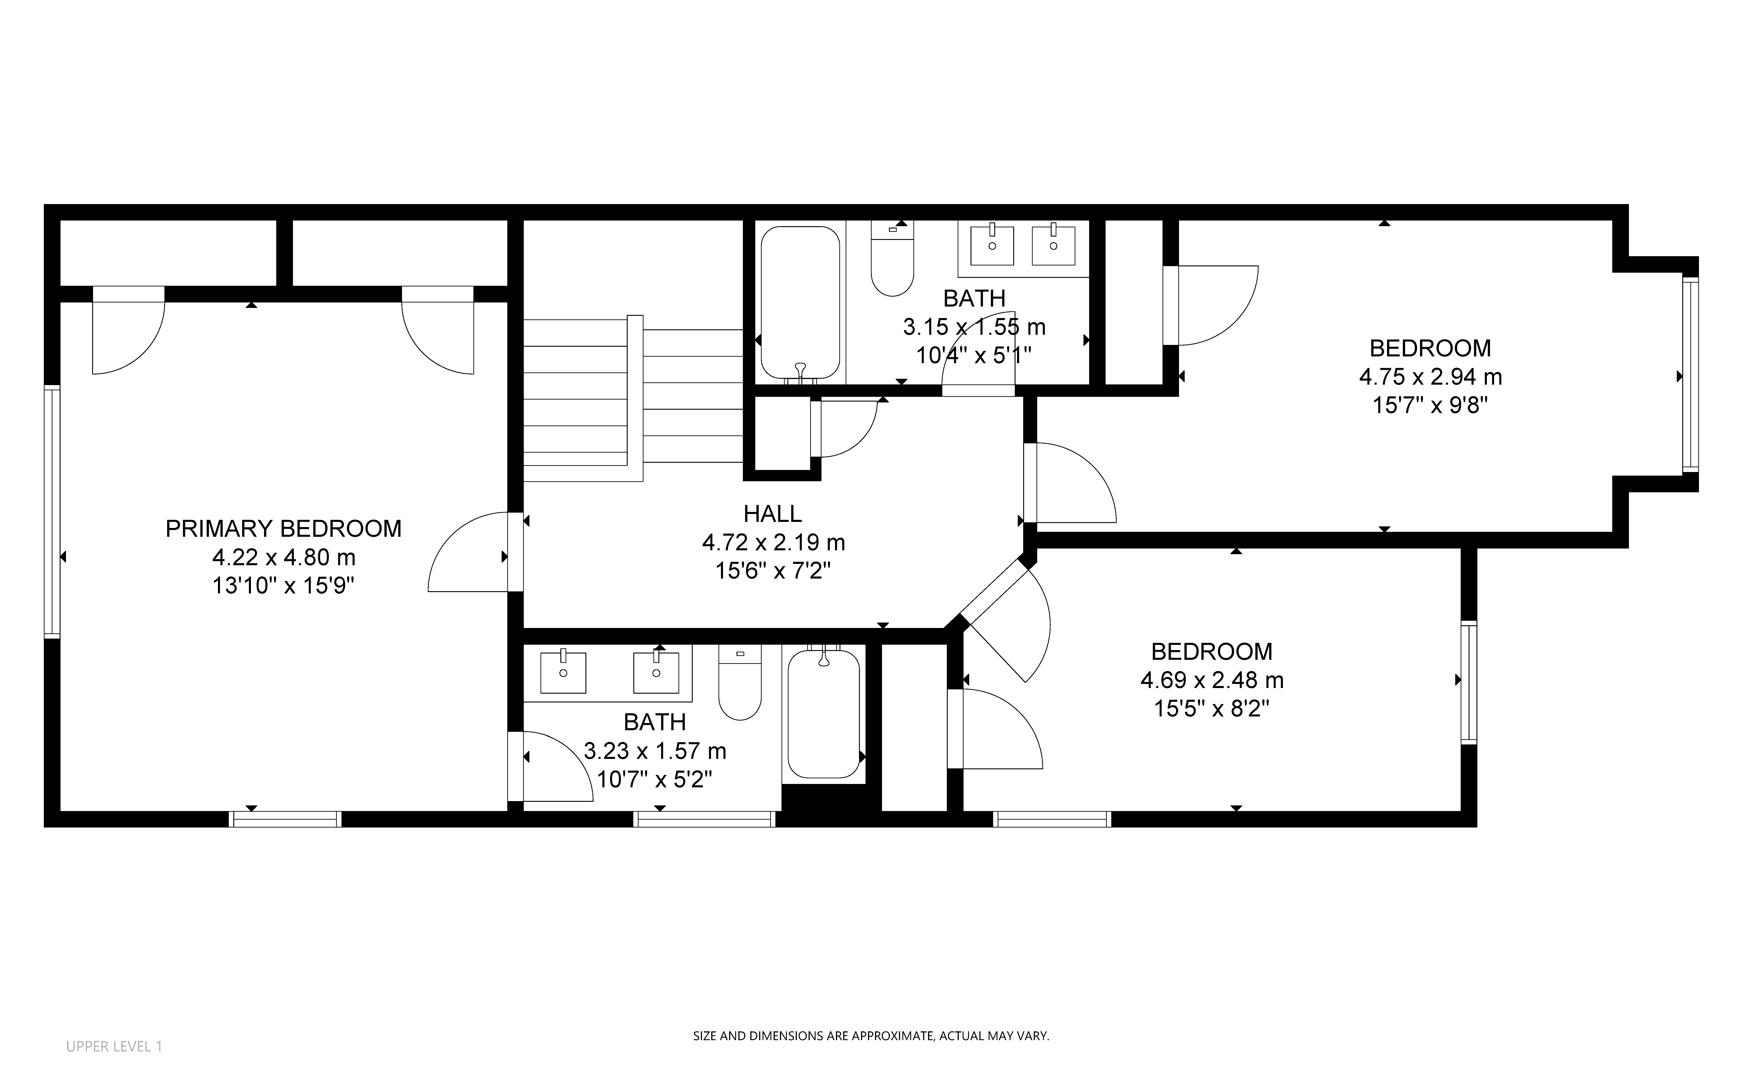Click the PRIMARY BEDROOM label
tap(284, 529)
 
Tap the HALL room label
tap(772, 514)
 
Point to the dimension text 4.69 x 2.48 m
tap(1212, 680)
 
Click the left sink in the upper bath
tap(992, 245)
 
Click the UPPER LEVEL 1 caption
tap(115, 1046)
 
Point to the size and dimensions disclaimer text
tap(871, 1036)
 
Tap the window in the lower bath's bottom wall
tap(705, 819)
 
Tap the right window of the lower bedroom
tap(1469, 682)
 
